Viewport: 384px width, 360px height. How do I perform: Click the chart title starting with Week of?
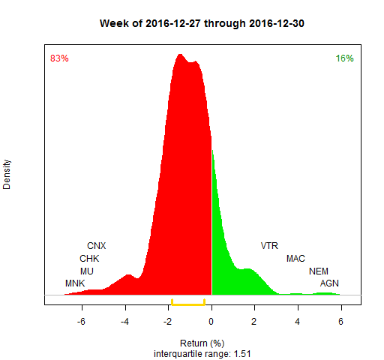202,23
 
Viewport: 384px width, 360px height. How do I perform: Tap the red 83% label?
59,58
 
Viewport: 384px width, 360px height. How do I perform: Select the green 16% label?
344,58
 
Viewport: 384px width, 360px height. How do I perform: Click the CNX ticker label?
97,246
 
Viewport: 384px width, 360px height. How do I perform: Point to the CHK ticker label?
89,259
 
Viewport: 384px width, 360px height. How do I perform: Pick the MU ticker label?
87,271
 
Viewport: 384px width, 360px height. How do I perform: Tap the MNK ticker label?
75,283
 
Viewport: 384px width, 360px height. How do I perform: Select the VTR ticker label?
269,246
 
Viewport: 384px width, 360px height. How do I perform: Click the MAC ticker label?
295,259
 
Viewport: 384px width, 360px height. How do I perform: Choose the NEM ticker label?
319,271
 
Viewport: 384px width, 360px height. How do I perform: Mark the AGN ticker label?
329,283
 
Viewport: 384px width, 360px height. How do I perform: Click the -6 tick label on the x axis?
81,322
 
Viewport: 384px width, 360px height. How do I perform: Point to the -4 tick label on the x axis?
124,322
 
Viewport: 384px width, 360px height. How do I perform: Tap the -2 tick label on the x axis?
168,322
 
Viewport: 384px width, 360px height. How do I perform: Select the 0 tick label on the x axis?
211,322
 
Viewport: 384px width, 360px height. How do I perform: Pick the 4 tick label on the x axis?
298,322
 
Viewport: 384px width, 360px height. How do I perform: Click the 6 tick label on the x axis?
341,322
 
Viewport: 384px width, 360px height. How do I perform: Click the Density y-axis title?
7,175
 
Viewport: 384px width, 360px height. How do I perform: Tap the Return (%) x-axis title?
202,343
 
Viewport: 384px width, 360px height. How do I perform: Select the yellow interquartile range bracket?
188,304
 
